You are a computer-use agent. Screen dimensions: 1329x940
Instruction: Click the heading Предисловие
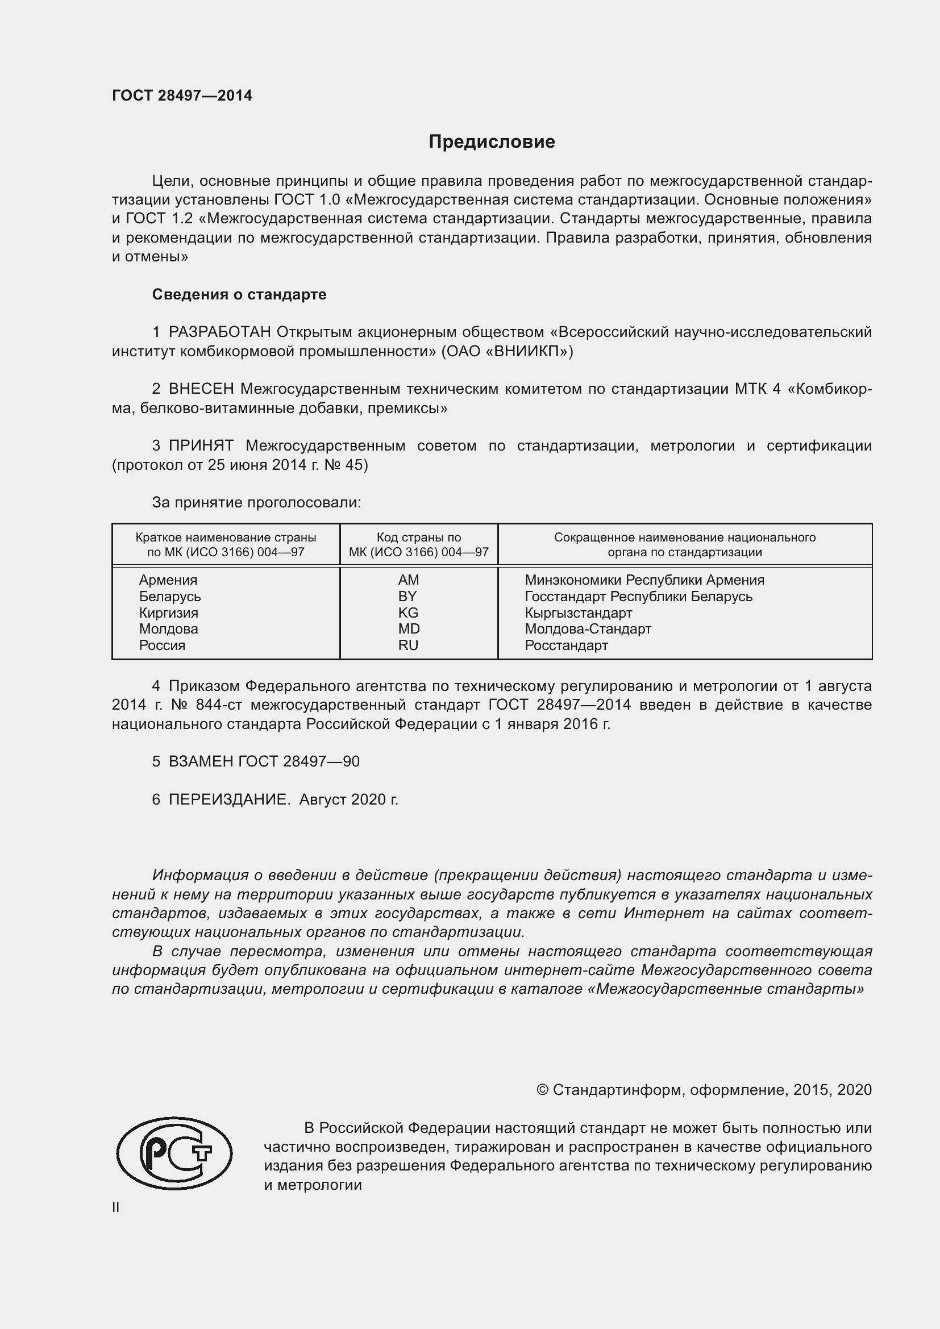492,142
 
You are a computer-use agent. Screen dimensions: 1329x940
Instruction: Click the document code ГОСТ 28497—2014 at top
182,95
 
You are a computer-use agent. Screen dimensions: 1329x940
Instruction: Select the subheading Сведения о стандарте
239,295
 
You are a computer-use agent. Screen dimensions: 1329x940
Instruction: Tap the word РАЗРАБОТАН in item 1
220,332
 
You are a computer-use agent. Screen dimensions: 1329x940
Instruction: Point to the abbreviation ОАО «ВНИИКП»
507,351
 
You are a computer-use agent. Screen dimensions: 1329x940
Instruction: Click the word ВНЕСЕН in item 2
201,389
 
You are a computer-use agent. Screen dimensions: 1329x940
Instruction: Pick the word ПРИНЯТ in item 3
201,445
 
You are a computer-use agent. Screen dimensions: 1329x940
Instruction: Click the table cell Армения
168,580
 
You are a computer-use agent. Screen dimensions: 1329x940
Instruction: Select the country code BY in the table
407,596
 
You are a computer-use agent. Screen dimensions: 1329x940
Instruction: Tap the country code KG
407,613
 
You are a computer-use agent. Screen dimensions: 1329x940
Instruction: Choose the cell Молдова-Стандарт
588,628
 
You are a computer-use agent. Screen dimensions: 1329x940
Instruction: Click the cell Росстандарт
566,645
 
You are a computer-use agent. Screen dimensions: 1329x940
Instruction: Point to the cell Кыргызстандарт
578,613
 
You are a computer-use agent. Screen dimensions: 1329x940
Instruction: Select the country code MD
409,628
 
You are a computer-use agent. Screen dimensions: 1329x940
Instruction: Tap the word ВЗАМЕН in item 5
201,762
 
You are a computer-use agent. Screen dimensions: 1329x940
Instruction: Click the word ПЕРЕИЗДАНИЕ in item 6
229,799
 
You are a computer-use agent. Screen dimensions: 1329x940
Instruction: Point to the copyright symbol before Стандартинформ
542,1090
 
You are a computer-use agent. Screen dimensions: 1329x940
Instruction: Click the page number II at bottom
116,1207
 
